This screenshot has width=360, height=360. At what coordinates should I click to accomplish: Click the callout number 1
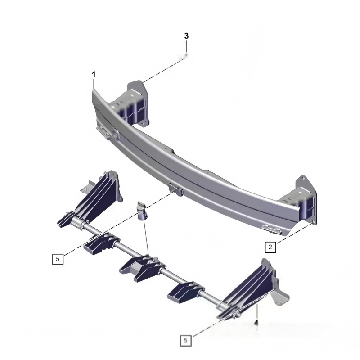[x=94, y=75]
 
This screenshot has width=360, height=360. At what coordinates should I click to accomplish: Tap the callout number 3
[x=186, y=36]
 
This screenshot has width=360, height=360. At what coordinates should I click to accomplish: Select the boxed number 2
[x=270, y=247]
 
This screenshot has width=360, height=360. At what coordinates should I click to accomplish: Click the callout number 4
[x=256, y=323]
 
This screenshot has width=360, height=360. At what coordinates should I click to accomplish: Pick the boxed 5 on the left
[x=58, y=259]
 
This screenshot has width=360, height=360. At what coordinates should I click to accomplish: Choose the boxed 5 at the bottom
[x=185, y=340]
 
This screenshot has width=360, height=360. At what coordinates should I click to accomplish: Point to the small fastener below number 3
[x=186, y=55]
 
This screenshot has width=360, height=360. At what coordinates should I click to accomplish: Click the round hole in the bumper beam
[x=115, y=134]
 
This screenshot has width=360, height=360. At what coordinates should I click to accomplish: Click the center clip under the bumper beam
[x=176, y=189]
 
